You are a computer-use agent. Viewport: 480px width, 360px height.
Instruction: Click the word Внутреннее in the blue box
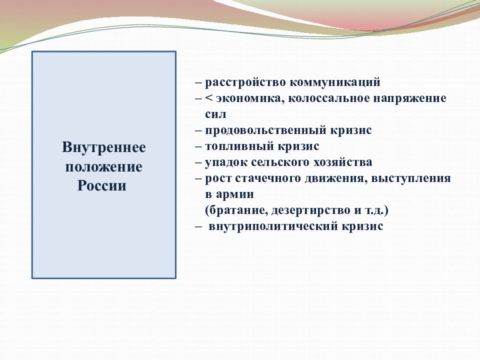104,147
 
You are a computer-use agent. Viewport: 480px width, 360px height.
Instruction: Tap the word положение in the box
104,167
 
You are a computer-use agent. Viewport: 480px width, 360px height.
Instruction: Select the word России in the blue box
102,186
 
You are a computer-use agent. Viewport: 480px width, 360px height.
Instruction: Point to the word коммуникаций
335,83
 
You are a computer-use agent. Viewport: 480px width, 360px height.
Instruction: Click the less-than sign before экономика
209,98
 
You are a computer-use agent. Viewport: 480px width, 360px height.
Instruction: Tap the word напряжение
409,99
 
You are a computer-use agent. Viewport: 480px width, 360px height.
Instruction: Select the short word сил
215,114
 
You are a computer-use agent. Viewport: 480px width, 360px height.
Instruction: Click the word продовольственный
265,130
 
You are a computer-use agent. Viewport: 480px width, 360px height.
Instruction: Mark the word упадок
226,162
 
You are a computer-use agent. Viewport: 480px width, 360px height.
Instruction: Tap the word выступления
411,178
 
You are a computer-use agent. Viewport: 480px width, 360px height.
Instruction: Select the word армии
235,194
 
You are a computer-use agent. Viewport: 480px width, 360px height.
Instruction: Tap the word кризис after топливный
298,146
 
